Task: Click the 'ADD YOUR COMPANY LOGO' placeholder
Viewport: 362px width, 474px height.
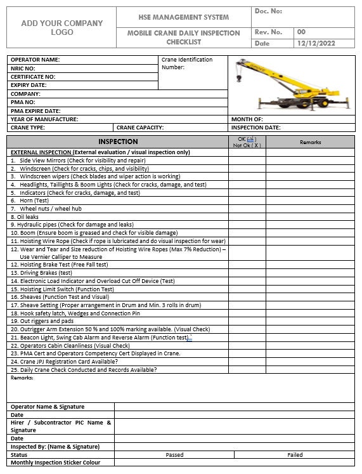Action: (61, 28)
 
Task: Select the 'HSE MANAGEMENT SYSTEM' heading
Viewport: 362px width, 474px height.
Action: (184, 17)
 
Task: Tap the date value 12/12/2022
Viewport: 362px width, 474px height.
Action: (315, 43)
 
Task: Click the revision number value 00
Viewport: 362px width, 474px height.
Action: (301, 32)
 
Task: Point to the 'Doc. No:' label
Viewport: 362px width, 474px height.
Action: (268, 11)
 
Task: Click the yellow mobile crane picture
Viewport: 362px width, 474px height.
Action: (291, 84)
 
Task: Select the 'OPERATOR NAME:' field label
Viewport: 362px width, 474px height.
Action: (36, 60)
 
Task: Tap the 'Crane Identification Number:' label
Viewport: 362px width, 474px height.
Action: (187, 63)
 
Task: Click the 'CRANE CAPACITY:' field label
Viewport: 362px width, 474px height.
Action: (140, 128)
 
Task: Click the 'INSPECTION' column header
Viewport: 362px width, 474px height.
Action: (118, 142)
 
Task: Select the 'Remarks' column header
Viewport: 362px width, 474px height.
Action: (310, 142)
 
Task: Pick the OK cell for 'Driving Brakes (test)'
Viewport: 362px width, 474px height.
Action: (247, 273)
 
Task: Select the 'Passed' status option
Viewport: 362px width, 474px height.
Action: (174, 454)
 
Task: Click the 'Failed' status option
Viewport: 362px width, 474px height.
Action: (295, 454)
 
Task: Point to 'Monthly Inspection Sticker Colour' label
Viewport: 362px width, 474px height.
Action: (56, 463)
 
